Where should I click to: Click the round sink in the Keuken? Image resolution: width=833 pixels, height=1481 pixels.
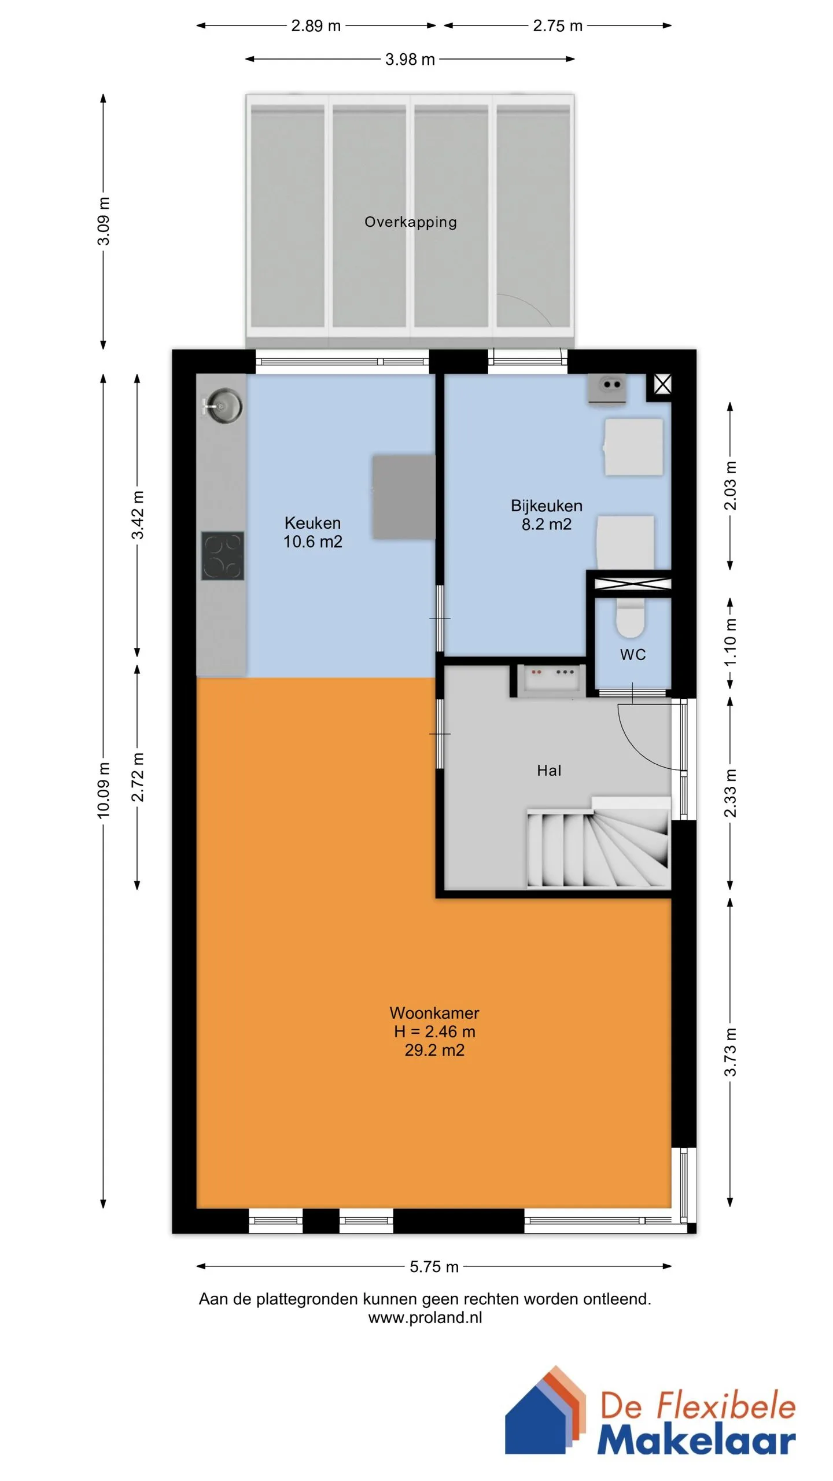[x=224, y=405]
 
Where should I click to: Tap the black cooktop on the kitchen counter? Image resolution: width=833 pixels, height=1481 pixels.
[x=223, y=556]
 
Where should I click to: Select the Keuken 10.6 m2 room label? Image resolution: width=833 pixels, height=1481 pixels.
[x=312, y=532]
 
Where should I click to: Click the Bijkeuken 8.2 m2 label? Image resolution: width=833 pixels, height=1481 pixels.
[x=547, y=515]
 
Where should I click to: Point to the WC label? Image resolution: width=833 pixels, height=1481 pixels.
[x=633, y=655]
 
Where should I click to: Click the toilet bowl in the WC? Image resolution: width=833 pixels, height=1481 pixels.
[x=630, y=617]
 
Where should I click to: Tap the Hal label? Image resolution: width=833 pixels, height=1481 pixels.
[x=549, y=771]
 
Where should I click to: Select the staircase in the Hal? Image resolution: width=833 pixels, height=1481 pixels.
[x=598, y=842]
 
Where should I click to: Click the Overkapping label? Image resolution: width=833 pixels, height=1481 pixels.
[x=411, y=222]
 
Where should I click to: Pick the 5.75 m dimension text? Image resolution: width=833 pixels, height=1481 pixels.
[x=434, y=1267]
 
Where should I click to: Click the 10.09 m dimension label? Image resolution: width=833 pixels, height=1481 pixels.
[x=103, y=790]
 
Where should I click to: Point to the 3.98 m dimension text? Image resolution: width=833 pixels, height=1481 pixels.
[x=410, y=59]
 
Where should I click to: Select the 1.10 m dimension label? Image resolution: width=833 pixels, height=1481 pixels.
[x=730, y=642]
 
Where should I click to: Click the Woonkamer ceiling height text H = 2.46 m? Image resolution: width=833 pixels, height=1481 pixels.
[x=434, y=1031]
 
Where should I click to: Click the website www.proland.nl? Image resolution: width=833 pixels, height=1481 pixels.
[x=425, y=1317]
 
